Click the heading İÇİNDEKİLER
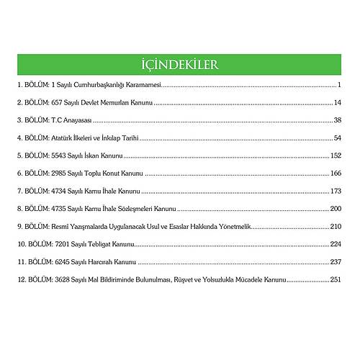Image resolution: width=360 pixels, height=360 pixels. tap(180, 64)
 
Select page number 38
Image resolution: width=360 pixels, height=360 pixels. tap(336, 120)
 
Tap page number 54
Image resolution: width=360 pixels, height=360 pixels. tap(336, 138)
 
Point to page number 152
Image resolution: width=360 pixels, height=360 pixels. tap(335, 156)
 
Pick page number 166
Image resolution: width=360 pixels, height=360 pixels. tap(335, 174)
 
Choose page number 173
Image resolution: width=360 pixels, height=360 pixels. tap(335, 192)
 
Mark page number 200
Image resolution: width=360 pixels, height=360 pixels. tap(335, 209)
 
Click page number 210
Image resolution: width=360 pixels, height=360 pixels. tap(335, 226)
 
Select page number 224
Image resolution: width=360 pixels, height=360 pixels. tap(335, 244)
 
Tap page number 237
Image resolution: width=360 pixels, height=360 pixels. tap(335, 262)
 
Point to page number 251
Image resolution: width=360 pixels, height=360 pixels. tap(335, 279)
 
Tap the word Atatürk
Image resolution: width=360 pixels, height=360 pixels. tap(63, 138)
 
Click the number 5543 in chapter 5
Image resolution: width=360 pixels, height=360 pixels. tap(60, 156)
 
